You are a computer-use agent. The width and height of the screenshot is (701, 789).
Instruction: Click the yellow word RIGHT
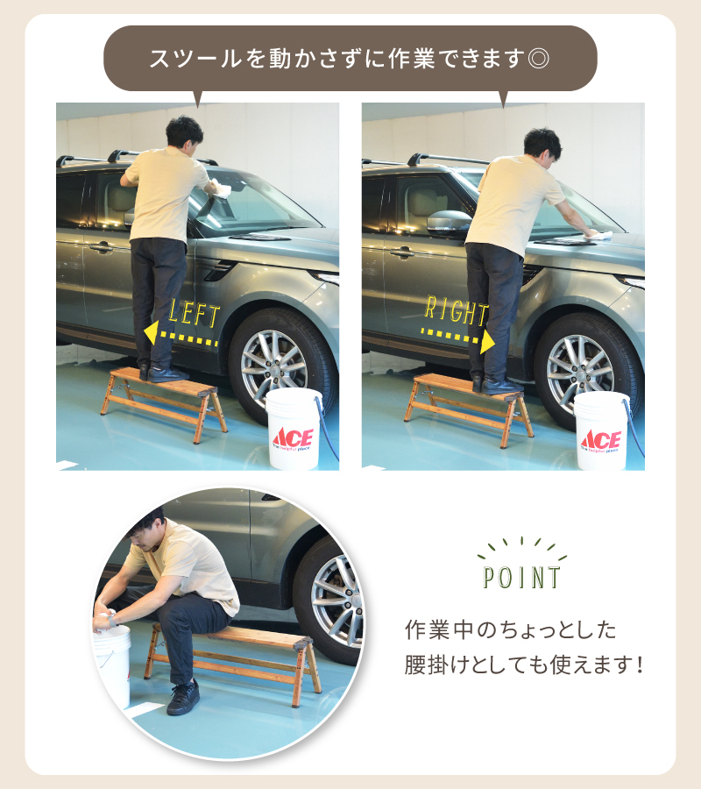click(x=456, y=310)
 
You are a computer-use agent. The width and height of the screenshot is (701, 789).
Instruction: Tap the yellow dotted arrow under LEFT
click(x=182, y=335)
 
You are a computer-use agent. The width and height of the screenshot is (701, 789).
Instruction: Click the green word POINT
click(x=522, y=578)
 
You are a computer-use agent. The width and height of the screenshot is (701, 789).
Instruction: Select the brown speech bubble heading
click(x=350, y=59)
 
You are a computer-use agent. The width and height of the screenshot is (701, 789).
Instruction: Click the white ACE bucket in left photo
click(x=294, y=429)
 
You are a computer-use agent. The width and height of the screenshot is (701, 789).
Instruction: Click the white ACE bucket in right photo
click(x=601, y=430)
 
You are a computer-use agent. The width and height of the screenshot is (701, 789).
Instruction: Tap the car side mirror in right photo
click(x=446, y=223)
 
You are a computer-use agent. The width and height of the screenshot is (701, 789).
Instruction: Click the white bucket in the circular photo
click(x=112, y=662)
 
